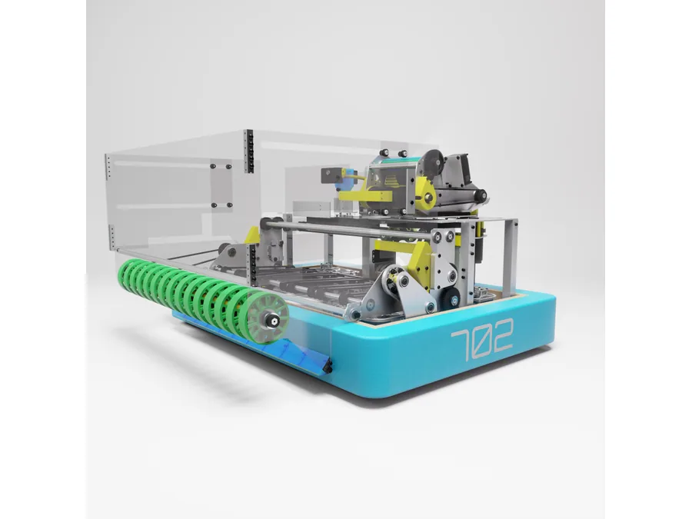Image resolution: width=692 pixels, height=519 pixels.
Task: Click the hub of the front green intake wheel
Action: point(269,318)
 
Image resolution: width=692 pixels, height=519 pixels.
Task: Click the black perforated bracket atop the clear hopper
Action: point(249,151)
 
